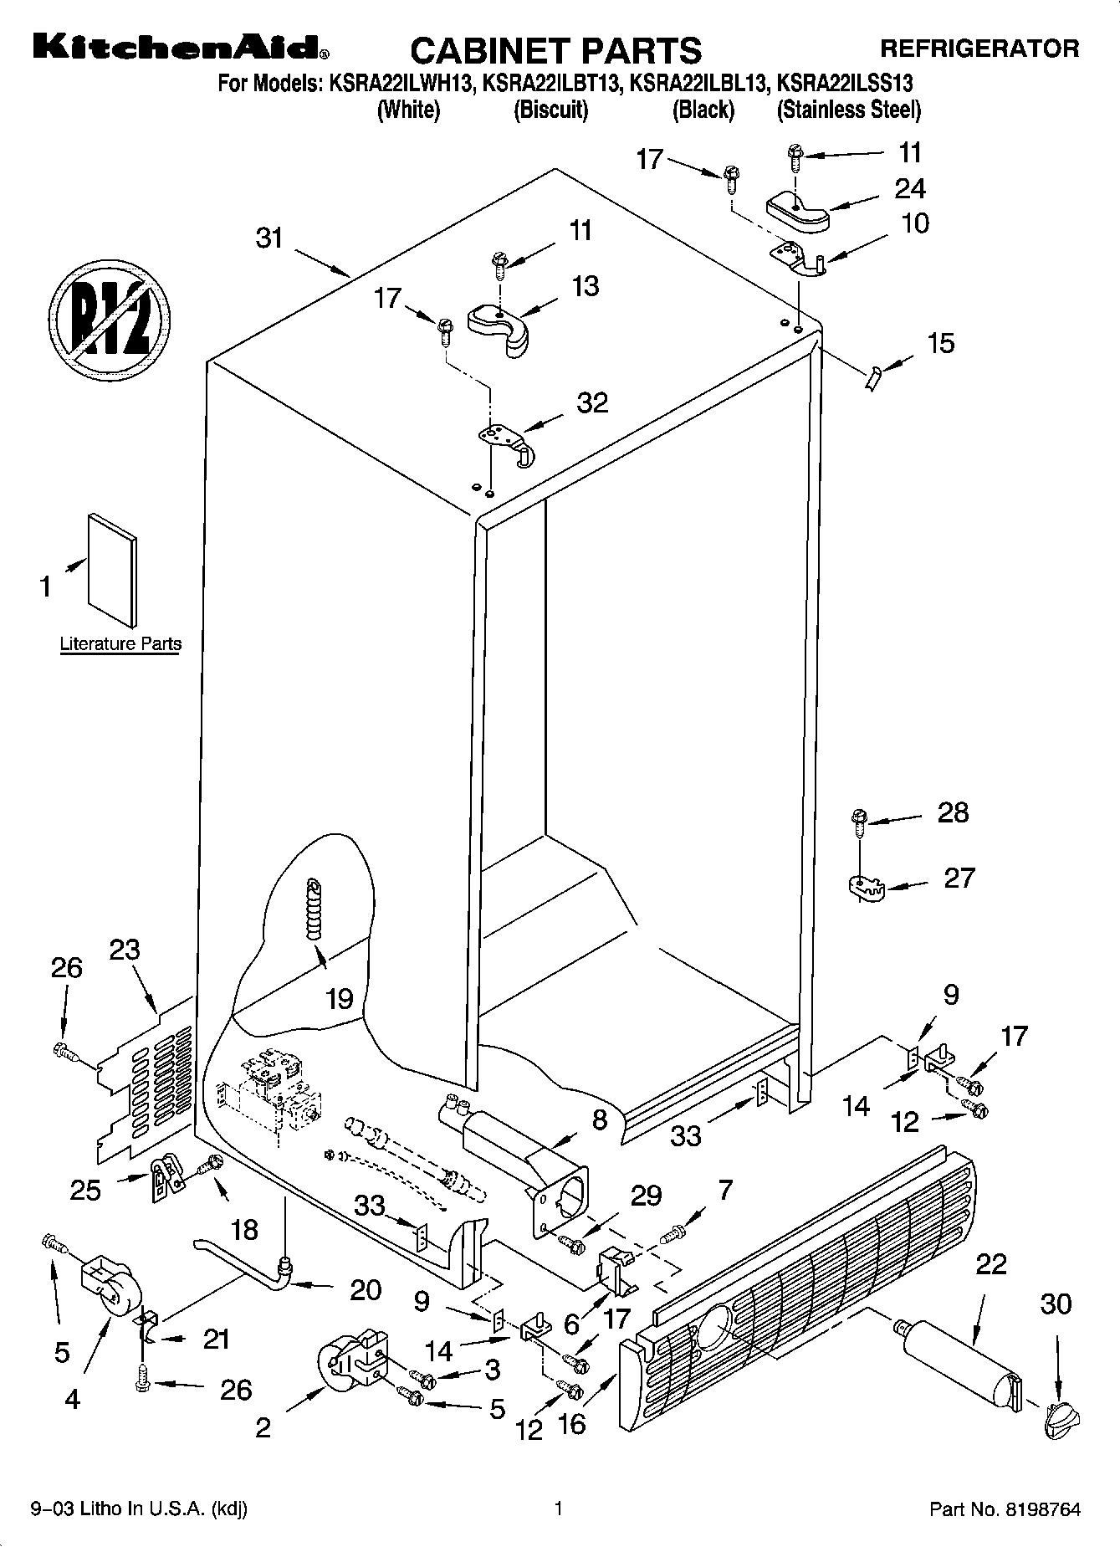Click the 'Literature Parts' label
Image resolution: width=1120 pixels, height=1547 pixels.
pos(120,644)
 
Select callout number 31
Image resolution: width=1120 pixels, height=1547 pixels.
pos(269,238)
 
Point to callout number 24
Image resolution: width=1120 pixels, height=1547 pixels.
pos(910,189)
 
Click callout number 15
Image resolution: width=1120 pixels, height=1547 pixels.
pos(940,344)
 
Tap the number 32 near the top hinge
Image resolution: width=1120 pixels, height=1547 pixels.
pos(592,403)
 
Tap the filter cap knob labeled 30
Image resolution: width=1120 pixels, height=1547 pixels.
pos(1061,1414)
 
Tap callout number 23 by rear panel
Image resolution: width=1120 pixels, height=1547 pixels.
pos(125,951)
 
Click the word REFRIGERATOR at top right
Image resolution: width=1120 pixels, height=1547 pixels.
pos(979,49)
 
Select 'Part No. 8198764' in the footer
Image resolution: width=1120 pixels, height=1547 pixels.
pos(1005,1510)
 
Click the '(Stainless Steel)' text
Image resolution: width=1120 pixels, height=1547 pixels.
pos(848,110)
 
